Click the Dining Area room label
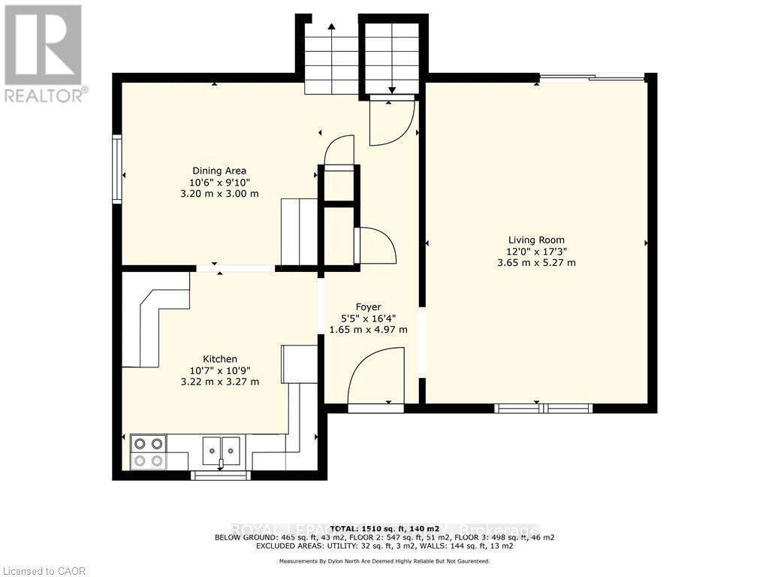(219, 171)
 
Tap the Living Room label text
(536, 240)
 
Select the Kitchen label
(220, 359)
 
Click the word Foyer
(369, 307)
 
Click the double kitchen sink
(221, 449)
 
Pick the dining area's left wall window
(118, 169)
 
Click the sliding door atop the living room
(592, 77)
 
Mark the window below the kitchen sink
(221, 475)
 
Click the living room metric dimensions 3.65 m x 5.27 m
(536, 262)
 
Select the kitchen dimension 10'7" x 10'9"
(220, 370)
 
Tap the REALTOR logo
(44, 53)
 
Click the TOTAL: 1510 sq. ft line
(384, 527)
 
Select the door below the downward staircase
(392, 122)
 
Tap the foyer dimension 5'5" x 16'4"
(369, 318)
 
